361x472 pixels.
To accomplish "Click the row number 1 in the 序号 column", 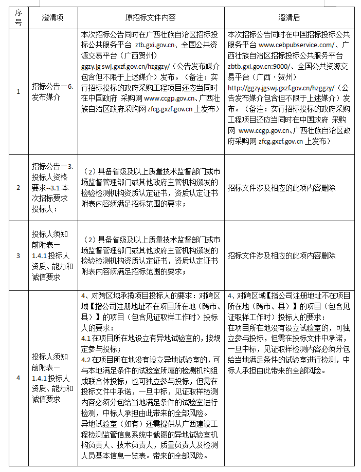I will tap(19, 91).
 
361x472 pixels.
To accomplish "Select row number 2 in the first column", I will tap(19, 188).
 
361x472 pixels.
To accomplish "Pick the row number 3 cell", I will tap(19, 255).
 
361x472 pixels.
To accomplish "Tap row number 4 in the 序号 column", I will tap(19, 378).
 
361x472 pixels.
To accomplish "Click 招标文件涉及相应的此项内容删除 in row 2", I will tap(282, 188).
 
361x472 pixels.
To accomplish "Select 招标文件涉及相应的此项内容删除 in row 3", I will tap(282, 255).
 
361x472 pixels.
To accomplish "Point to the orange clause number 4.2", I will tap(86, 360).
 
